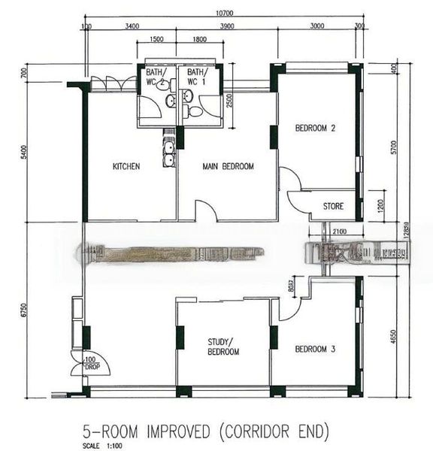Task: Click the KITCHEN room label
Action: [126, 166]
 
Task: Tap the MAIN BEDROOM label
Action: [228, 166]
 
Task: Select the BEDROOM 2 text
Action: [314, 129]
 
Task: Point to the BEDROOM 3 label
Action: [314, 349]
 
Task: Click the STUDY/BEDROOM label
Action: [223, 347]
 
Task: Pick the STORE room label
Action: [333, 204]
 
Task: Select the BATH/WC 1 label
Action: [197, 76]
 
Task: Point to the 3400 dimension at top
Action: [132, 26]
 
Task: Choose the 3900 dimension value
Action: [226, 26]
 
